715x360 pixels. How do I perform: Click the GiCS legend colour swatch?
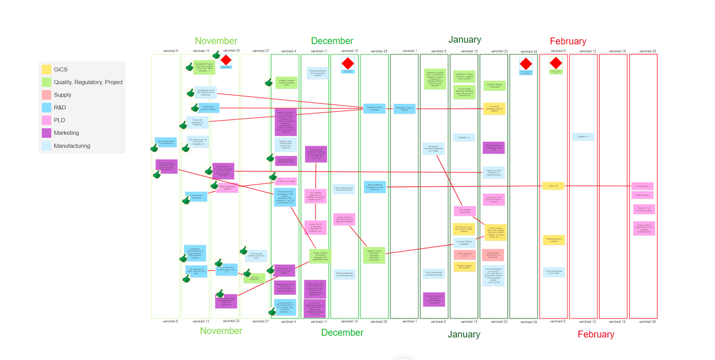point(46,69)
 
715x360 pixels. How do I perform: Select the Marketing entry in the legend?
point(66,133)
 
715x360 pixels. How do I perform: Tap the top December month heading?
point(332,41)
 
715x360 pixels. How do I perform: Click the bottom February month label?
point(596,334)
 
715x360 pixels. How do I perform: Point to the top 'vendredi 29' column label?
point(526,51)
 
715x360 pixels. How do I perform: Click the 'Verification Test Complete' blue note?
point(374,108)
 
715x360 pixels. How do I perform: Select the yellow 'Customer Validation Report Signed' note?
point(494,108)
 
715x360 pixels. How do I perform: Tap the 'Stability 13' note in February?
point(583,137)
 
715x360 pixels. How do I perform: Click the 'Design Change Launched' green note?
point(494,85)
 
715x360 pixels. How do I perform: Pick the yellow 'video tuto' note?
point(553,186)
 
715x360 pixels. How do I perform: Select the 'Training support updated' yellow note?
point(553,239)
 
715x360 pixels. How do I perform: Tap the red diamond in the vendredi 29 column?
point(525,62)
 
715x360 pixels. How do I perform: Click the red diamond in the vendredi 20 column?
point(226,61)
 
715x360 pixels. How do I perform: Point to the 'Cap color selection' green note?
point(254,278)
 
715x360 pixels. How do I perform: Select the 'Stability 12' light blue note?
point(464,137)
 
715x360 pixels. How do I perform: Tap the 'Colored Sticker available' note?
point(464,243)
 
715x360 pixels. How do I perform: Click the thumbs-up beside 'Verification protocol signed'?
point(195,108)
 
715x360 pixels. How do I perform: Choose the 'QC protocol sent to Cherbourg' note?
point(165,142)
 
